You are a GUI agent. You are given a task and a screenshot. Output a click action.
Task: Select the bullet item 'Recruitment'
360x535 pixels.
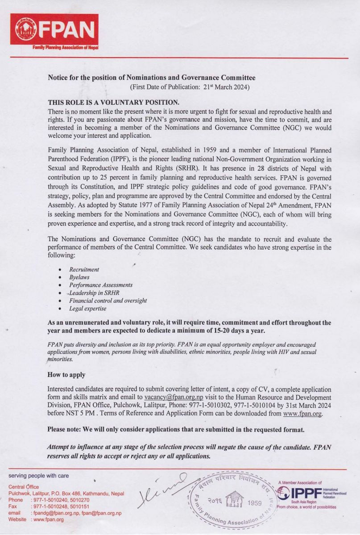click(x=84, y=269)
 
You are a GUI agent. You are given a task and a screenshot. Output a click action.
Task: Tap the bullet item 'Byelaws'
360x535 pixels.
click(x=79, y=277)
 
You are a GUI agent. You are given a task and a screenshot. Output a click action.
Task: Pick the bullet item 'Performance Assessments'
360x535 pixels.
click(x=100, y=285)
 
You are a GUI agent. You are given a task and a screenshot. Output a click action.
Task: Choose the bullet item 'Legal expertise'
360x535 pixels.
click(x=87, y=308)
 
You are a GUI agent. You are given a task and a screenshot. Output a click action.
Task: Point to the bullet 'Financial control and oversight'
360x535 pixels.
click(x=108, y=300)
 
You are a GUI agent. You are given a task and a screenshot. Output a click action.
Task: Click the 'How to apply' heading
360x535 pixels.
click(x=66, y=374)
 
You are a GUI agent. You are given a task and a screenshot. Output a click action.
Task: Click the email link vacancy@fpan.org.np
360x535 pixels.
click(x=174, y=397)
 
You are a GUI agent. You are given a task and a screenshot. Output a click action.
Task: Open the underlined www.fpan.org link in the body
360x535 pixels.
click(x=302, y=413)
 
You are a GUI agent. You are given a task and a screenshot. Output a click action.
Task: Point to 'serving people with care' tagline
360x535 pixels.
click(x=39, y=476)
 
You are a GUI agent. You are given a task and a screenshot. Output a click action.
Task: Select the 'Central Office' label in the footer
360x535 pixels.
click(x=24, y=486)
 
